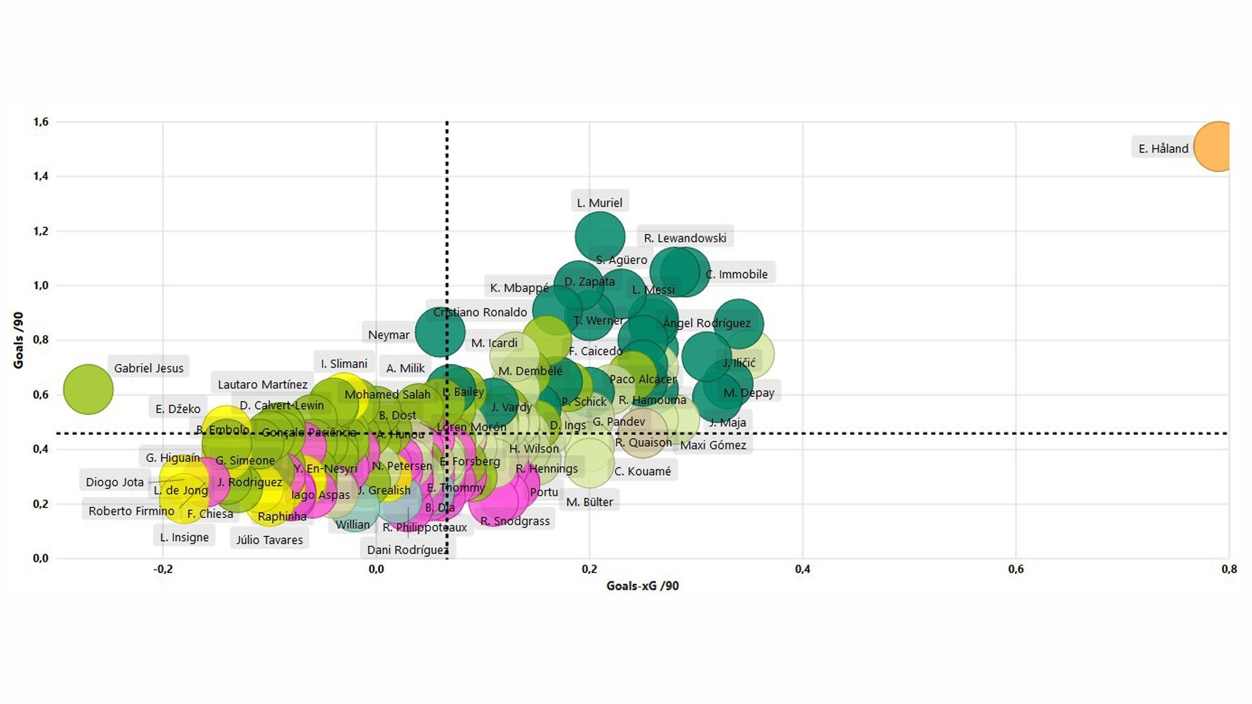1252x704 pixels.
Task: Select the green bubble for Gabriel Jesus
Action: click(88, 389)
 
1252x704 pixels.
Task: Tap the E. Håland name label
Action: click(1163, 149)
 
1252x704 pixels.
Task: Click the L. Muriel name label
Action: click(599, 203)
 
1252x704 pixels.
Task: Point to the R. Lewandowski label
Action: click(685, 238)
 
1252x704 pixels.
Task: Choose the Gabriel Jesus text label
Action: click(149, 368)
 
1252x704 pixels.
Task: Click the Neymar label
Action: click(389, 335)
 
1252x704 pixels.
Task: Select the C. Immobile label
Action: click(737, 274)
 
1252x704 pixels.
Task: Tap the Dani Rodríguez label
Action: click(407, 550)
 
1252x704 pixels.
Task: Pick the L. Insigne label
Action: click(185, 537)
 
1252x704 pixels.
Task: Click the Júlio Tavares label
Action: click(269, 540)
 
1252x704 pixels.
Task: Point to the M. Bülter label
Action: click(589, 502)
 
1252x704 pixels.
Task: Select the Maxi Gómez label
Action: click(713, 445)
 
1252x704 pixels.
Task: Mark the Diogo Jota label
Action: click(115, 482)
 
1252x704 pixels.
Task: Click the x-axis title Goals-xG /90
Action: click(642, 586)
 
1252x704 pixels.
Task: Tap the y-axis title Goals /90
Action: click(18, 340)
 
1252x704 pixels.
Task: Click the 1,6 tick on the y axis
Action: click(40, 122)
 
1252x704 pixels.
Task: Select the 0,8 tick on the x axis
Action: click(1229, 569)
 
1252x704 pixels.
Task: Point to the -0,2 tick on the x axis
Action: click(163, 569)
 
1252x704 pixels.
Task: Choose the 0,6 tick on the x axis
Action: click(1015, 569)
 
